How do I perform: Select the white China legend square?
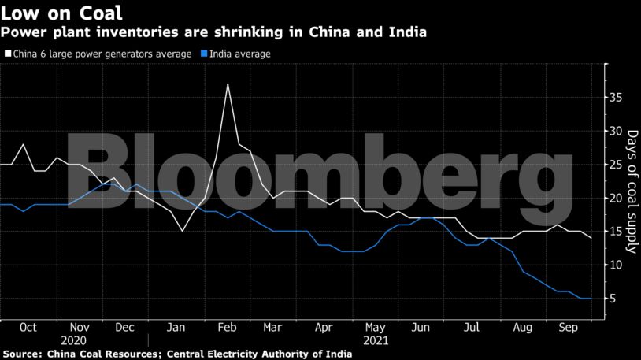pos(7,54)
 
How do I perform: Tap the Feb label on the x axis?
pos(225,326)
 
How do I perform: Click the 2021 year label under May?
pos(373,340)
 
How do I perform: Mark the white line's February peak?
pos(228,84)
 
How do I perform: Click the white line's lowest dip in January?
pos(183,231)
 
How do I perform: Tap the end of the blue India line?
pos(591,299)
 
